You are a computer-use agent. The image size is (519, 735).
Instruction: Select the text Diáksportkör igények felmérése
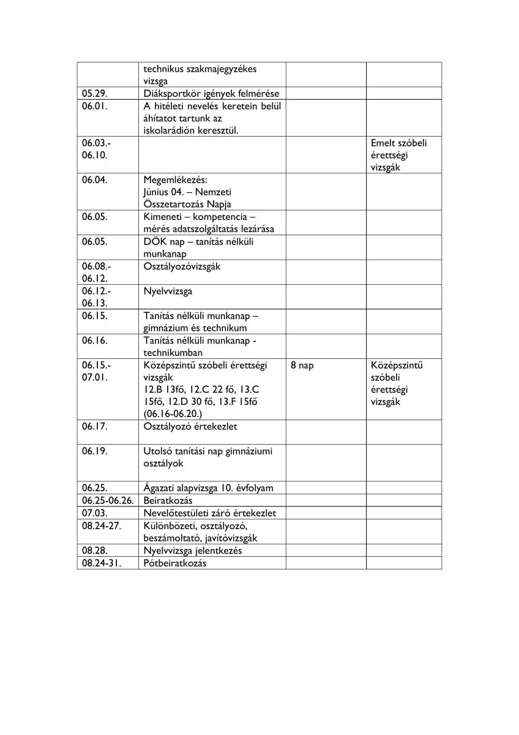[211, 94]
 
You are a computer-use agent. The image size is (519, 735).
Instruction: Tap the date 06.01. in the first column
[95, 106]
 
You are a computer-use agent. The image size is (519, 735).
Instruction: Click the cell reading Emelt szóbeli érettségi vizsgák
[399, 155]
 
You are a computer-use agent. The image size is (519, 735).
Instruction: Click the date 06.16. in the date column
[95, 341]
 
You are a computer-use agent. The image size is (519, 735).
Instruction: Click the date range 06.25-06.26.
[107, 500]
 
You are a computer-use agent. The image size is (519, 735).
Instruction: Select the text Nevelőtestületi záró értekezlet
[211, 513]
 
